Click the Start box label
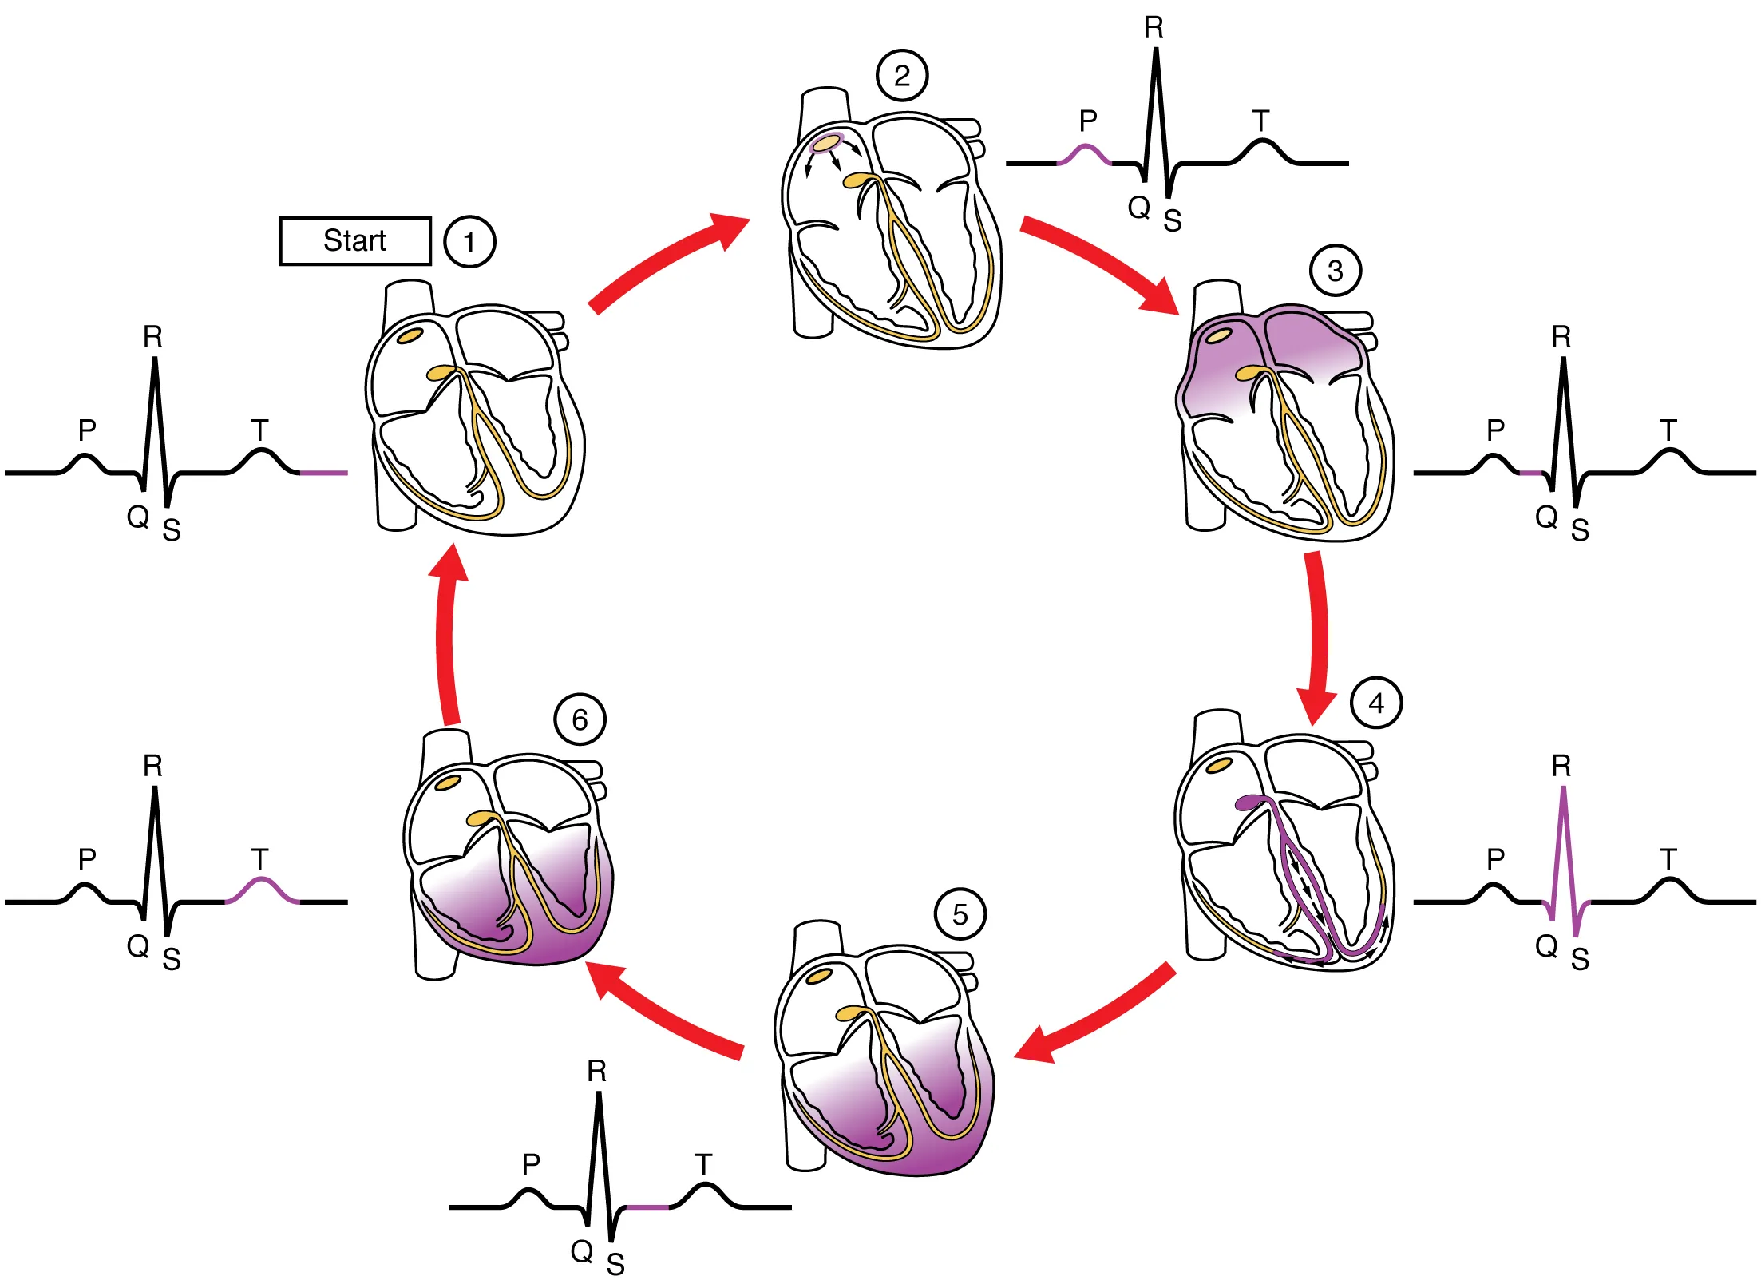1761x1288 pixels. click(x=355, y=240)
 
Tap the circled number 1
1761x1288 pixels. click(x=469, y=241)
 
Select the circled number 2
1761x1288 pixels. click(x=902, y=75)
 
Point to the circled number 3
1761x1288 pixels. click(x=1336, y=271)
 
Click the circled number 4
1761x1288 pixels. click(x=1376, y=703)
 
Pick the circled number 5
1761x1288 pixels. click(x=960, y=914)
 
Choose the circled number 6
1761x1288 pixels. click(x=580, y=719)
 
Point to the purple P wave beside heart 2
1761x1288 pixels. click(x=1085, y=153)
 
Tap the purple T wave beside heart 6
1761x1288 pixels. click(x=262, y=887)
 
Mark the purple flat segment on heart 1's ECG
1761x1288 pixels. click(x=323, y=473)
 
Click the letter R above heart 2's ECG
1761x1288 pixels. click(x=1154, y=28)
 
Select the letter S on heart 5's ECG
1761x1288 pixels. click(x=615, y=1265)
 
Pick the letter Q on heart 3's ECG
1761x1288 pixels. click(x=1546, y=517)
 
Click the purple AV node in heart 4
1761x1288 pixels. click(x=1250, y=803)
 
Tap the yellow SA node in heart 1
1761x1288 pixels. click(x=410, y=335)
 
